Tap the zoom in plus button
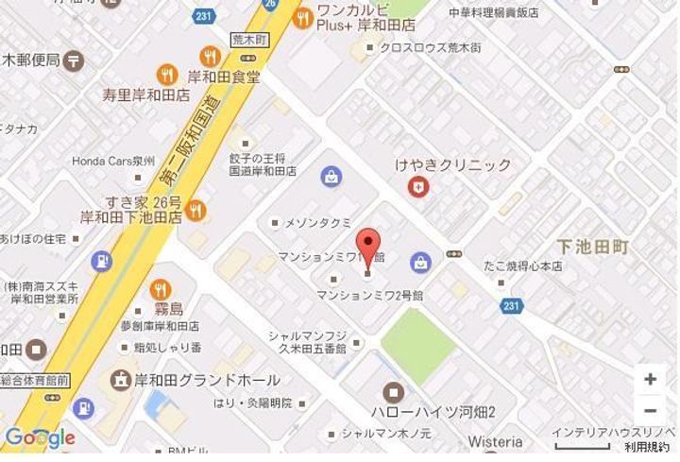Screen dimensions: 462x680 click(650, 380)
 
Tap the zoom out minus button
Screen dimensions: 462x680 click(650, 411)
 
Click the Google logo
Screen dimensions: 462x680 click(39, 437)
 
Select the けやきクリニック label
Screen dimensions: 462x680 click(453, 165)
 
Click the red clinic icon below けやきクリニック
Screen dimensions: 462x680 click(416, 187)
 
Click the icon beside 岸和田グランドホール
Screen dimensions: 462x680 click(122, 380)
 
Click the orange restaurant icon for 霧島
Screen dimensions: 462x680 click(160, 289)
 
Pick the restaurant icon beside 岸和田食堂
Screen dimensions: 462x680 click(168, 75)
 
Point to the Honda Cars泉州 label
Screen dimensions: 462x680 click(112, 162)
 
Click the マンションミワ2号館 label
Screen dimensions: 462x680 click(369, 295)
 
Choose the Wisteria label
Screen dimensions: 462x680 click(496, 442)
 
